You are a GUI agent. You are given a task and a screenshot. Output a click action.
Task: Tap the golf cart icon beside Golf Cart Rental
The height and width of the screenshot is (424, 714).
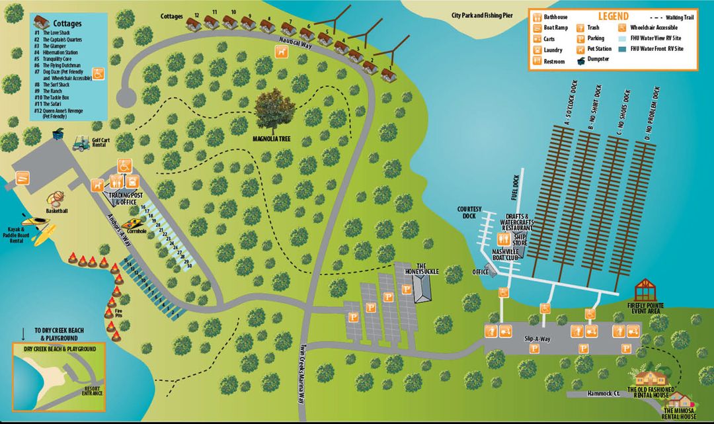pyautogui.click(x=81, y=144)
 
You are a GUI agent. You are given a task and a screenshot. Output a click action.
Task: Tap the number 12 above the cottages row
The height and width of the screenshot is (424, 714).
pyautogui.click(x=196, y=14)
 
